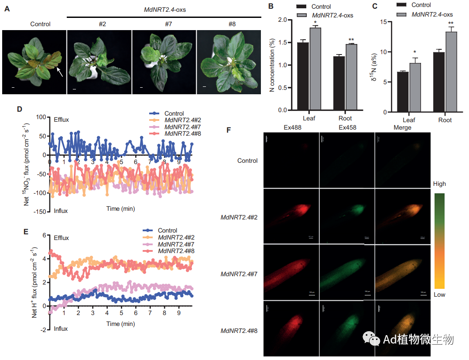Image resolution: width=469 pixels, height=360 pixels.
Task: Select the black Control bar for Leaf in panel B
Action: (303, 76)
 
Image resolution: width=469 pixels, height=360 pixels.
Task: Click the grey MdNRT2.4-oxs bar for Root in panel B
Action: (351, 77)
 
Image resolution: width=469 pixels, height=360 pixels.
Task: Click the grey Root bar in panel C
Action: (451, 72)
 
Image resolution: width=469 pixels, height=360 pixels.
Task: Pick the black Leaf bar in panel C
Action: (403, 92)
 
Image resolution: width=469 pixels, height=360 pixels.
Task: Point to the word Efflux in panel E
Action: (61, 238)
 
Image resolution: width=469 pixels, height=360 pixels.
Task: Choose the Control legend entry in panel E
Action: (168, 230)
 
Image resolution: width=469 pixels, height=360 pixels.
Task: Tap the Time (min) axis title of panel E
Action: (120, 324)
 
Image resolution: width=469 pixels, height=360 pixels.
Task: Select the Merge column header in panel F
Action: (402, 127)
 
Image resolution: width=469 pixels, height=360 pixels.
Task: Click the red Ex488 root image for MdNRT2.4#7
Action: (291, 271)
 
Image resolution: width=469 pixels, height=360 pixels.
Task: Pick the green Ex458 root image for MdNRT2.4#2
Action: (347, 215)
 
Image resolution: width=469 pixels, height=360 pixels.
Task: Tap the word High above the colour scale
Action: (439, 184)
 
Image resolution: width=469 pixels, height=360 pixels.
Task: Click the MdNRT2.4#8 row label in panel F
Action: (239, 331)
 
